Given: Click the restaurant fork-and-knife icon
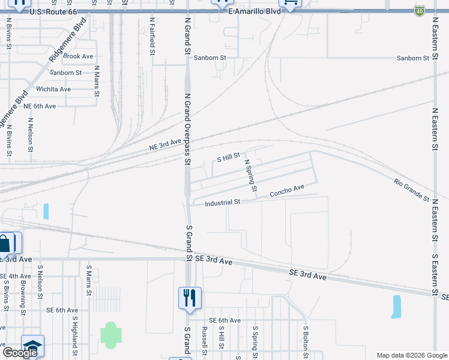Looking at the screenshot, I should coord(190,298).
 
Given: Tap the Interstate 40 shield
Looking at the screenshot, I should coord(418,11).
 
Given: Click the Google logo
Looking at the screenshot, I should coord(20,353).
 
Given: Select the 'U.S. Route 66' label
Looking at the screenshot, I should coord(53,11).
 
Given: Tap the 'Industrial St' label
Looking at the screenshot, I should coord(222,203).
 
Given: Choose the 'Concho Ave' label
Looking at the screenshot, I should coord(287,191).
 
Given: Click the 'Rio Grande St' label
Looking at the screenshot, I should coord(412,190).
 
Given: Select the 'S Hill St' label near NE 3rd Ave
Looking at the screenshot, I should coord(228,158).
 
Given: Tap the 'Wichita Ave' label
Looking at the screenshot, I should coord(53,89).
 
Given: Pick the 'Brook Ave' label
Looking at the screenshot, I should coord(79,56).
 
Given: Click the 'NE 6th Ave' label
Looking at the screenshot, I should coord(40,106).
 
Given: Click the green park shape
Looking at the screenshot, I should coord(110,335).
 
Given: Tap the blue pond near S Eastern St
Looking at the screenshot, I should coord(396,306).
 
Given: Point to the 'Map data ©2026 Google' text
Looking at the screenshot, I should coord(411,355).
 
